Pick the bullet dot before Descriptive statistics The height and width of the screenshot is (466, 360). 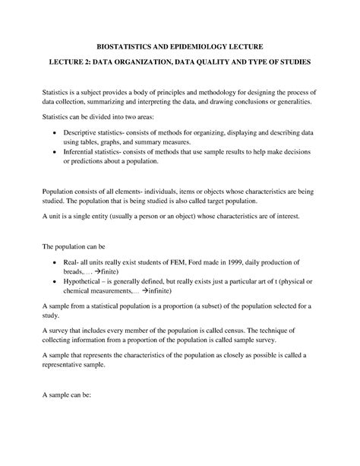55,132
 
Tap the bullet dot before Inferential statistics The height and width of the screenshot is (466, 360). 55,152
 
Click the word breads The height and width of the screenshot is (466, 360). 75,271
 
